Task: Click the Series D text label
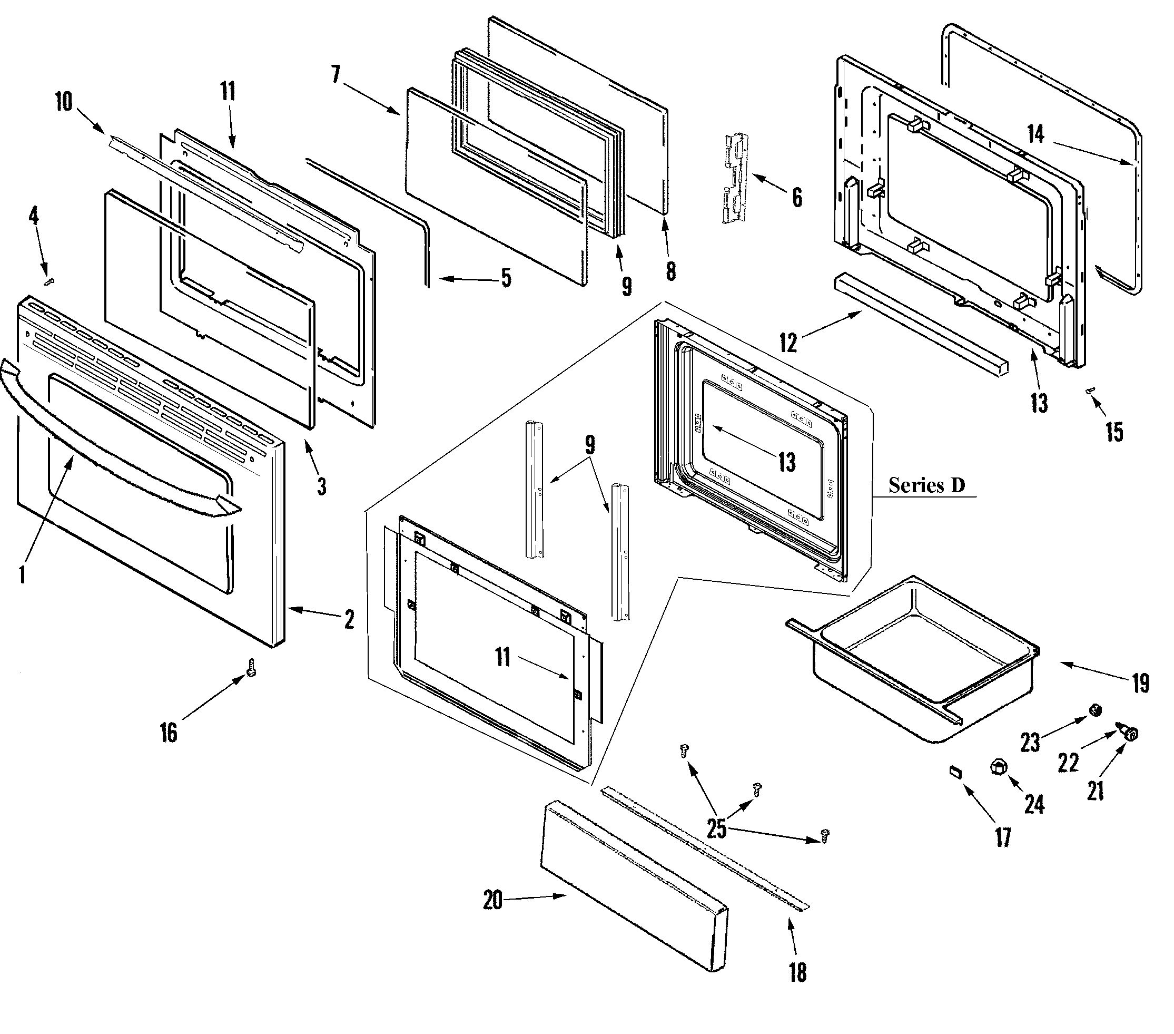point(926,485)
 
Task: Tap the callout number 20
point(493,900)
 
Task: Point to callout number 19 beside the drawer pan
point(1141,684)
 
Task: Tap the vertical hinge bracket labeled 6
point(735,177)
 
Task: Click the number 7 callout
point(336,75)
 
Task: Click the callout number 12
point(788,343)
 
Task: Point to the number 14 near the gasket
point(1035,134)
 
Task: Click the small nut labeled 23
point(1096,710)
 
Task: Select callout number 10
point(64,102)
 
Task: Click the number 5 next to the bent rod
point(506,278)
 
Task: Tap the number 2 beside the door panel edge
point(349,620)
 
